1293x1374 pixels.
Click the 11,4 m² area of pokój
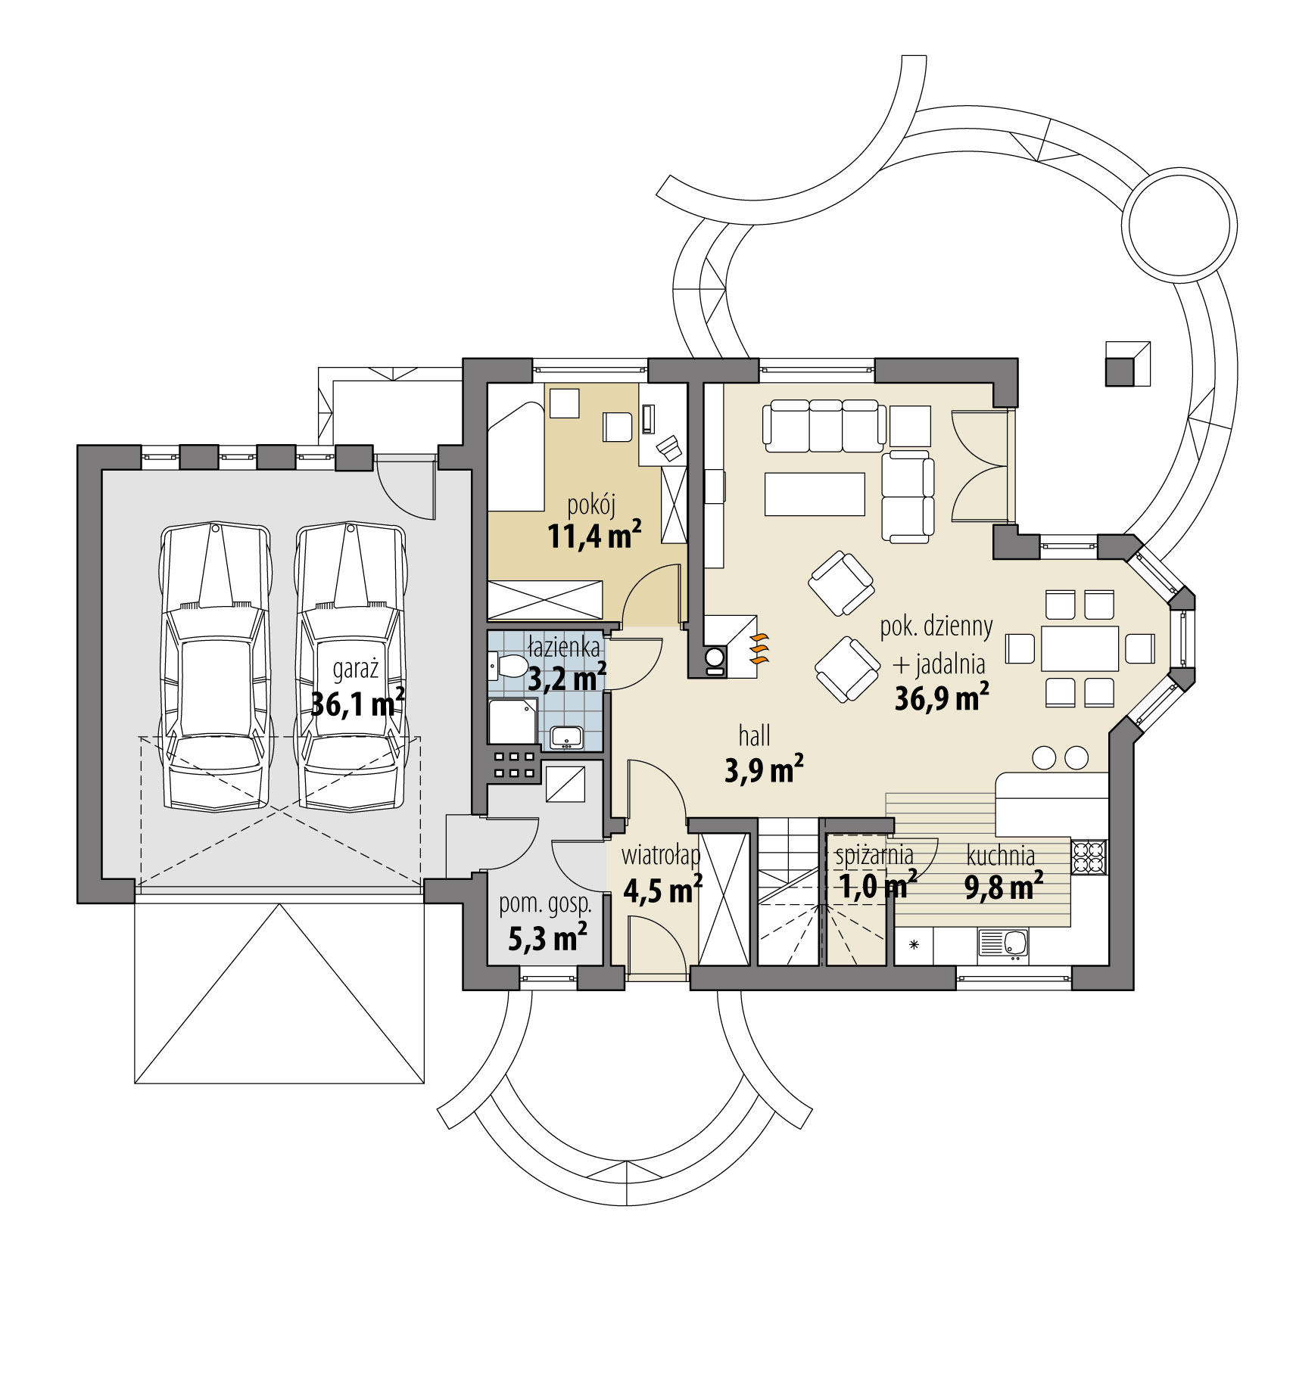pyautogui.click(x=594, y=536)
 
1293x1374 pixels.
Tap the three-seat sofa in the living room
pyautogui.click(x=824, y=427)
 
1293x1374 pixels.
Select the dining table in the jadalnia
pyautogui.click(x=1080, y=648)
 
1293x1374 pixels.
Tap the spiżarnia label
pyautogui.click(x=874, y=856)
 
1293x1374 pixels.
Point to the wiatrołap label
pyautogui.click(x=660, y=856)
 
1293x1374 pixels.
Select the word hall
pyautogui.click(x=754, y=735)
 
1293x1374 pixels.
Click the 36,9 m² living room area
pyautogui.click(x=942, y=698)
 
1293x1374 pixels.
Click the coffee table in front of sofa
pyautogui.click(x=815, y=493)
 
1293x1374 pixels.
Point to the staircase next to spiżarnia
pyautogui.click(x=789, y=900)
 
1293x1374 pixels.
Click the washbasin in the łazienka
pyautogui.click(x=566, y=735)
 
